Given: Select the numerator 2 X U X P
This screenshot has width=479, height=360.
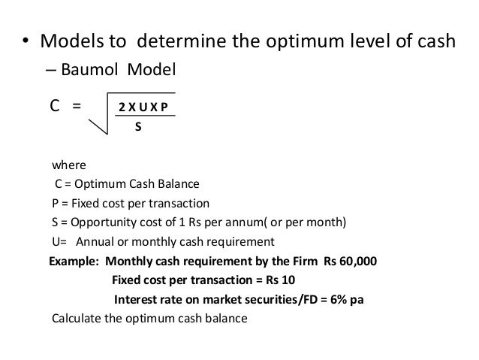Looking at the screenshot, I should pyautogui.click(x=144, y=107).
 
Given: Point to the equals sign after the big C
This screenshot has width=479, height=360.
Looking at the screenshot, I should pyautogui.click(x=77, y=106).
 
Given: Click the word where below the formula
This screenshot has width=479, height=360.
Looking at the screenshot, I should pyautogui.click(x=68, y=165).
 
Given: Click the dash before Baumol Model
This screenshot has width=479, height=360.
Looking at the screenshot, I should pyautogui.click(x=50, y=71).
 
